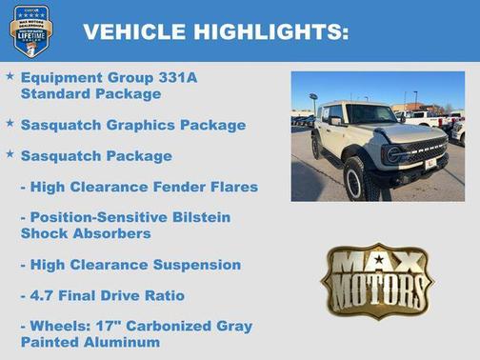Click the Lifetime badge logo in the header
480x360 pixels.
[x=30, y=30]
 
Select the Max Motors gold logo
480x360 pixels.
[x=377, y=280]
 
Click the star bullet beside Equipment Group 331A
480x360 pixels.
[x=10, y=75]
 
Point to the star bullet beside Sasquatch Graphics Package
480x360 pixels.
[x=10, y=123]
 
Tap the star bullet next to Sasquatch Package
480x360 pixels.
[x=10, y=153]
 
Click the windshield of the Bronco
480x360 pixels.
[x=369, y=114]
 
